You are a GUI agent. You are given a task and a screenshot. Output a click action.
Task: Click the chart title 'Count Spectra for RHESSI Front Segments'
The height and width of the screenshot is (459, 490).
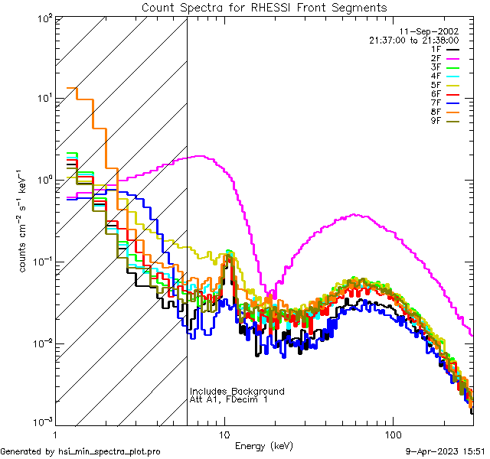click(264, 8)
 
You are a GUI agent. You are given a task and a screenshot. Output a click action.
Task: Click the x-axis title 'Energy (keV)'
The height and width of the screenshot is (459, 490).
click(263, 446)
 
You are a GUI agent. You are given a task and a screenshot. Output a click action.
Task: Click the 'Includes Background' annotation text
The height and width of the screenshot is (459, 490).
click(237, 392)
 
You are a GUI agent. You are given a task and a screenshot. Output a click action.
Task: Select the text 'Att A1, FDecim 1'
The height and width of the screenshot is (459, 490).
click(229, 400)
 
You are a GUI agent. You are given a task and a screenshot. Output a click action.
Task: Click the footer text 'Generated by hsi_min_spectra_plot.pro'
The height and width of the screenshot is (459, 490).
click(80, 451)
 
